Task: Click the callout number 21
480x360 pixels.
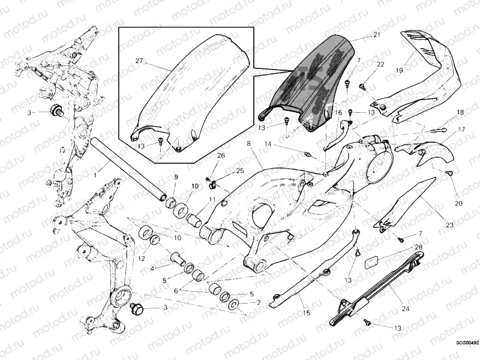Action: (x=376, y=35)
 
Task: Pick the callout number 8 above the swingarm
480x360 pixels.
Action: (x=247, y=144)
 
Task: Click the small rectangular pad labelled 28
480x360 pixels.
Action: (x=371, y=262)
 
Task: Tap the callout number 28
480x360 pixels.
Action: (x=419, y=247)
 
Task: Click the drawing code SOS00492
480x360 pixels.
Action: (x=467, y=343)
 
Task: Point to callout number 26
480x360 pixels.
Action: (x=221, y=156)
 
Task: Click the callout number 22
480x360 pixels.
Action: (x=380, y=64)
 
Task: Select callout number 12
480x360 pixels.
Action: (x=141, y=259)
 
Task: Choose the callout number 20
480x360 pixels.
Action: (x=459, y=203)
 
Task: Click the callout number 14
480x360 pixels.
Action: (x=269, y=145)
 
